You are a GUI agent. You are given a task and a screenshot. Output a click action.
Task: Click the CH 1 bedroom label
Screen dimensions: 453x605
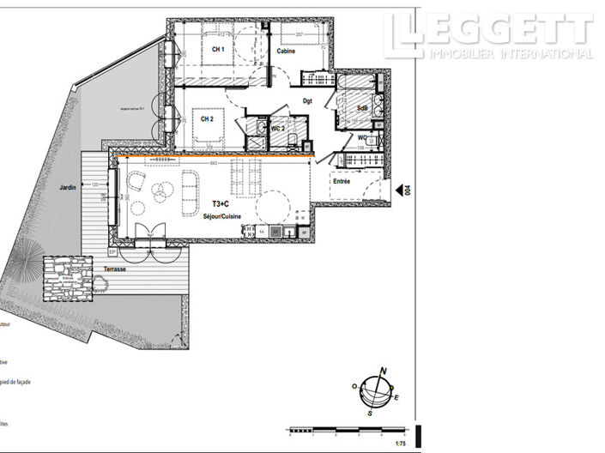click(x=218, y=50)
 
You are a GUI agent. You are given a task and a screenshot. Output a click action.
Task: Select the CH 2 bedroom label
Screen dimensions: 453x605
click(x=208, y=119)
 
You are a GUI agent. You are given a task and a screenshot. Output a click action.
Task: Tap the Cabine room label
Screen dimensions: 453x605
click(x=287, y=51)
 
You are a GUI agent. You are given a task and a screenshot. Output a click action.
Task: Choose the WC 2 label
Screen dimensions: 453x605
click(x=277, y=128)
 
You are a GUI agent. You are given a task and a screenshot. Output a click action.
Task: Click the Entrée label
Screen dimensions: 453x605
click(x=342, y=182)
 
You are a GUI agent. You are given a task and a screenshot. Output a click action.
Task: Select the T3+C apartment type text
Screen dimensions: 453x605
click(x=221, y=204)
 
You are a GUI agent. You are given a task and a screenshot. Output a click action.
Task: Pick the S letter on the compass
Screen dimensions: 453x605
click(x=369, y=414)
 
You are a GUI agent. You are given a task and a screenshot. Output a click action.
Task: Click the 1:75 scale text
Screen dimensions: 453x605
click(x=400, y=444)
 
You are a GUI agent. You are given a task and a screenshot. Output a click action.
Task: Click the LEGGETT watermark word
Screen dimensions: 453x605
click(x=489, y=30)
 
